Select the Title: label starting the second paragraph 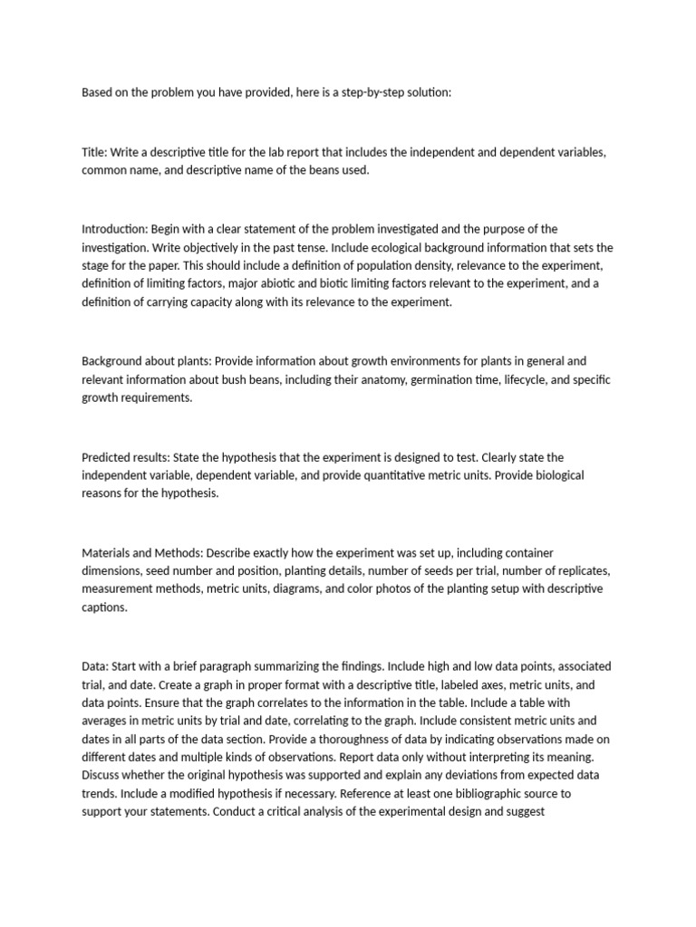click(95, 152)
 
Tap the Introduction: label click(114, 229)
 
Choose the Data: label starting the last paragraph click(95, 665)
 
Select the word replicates click(577, 570)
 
